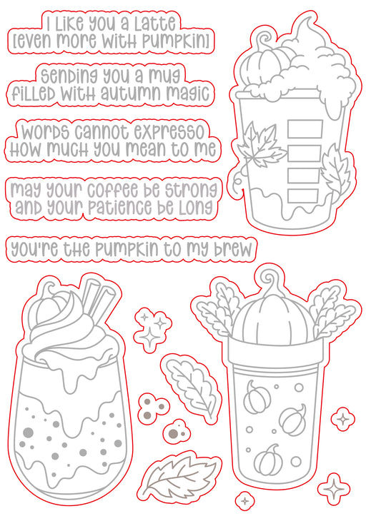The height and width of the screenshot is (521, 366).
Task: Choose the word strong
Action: click(192, 190)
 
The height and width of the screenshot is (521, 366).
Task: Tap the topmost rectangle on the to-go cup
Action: click(305, 129)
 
